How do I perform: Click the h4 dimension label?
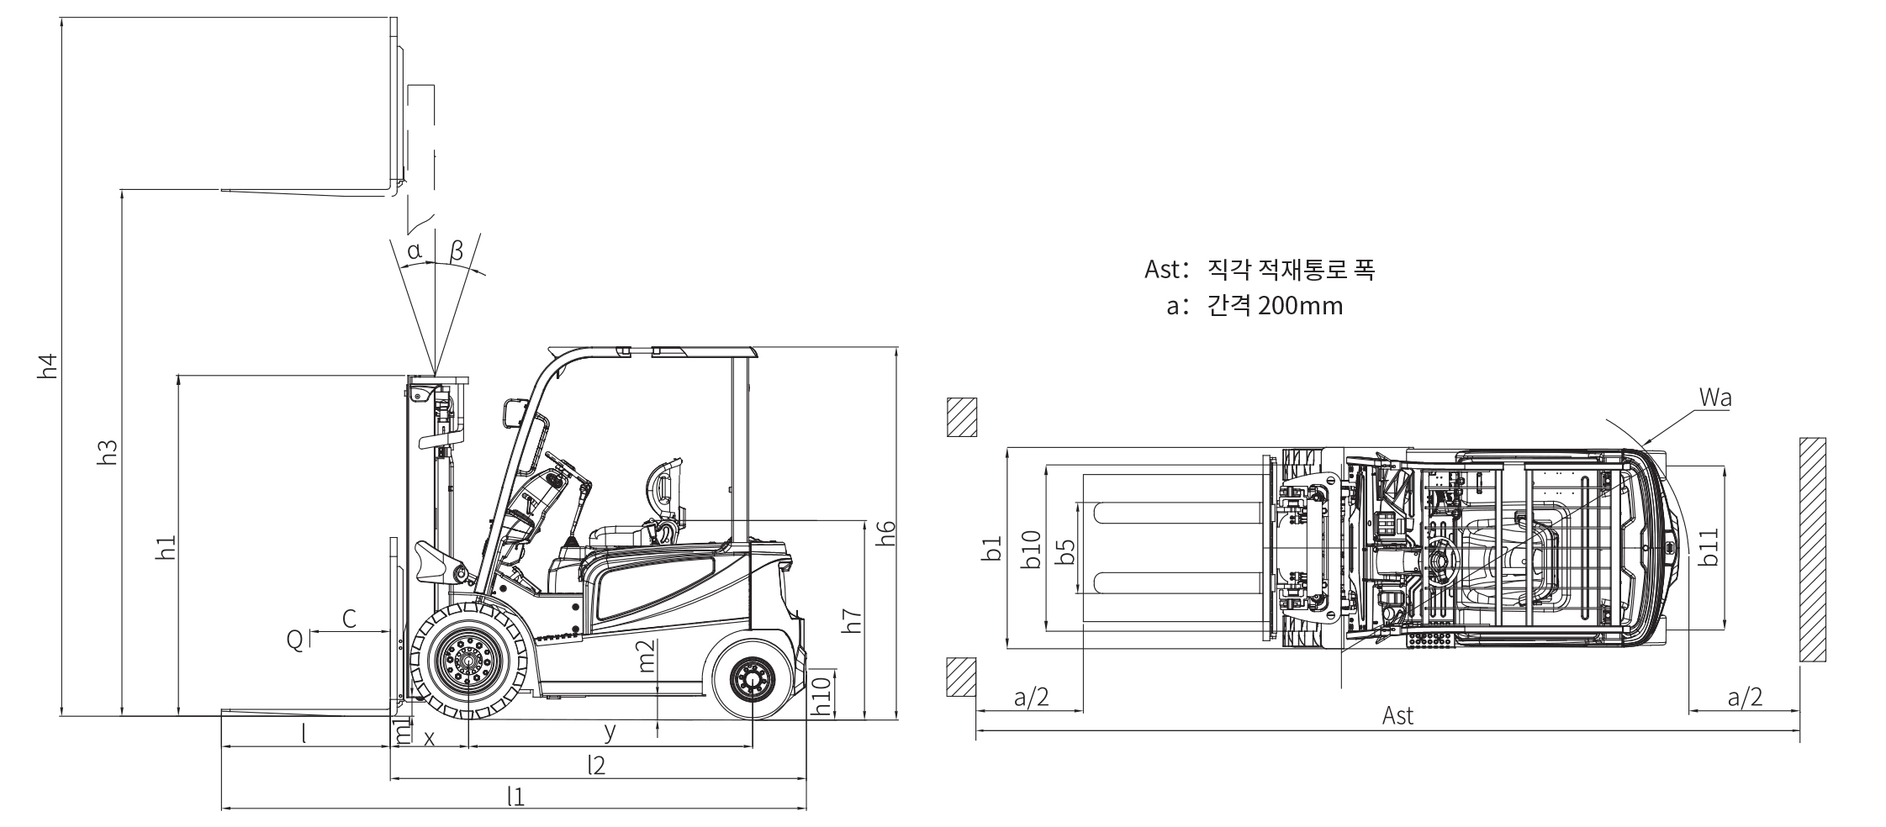[49, 366]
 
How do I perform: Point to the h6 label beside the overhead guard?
[885, 533]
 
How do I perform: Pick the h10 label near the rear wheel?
[821, 694]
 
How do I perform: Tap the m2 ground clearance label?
[647, 656]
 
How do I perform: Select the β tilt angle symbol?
[457, 250]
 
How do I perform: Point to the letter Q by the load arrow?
[294, 641]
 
